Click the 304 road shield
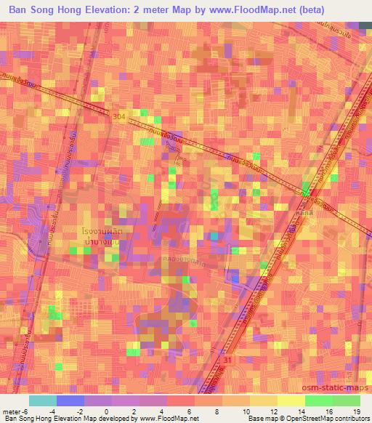[120, 116]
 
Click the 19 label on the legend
[356, 411]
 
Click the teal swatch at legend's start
[43, 400]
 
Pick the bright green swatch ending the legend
[346, 400]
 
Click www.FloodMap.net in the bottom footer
[167, 419]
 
